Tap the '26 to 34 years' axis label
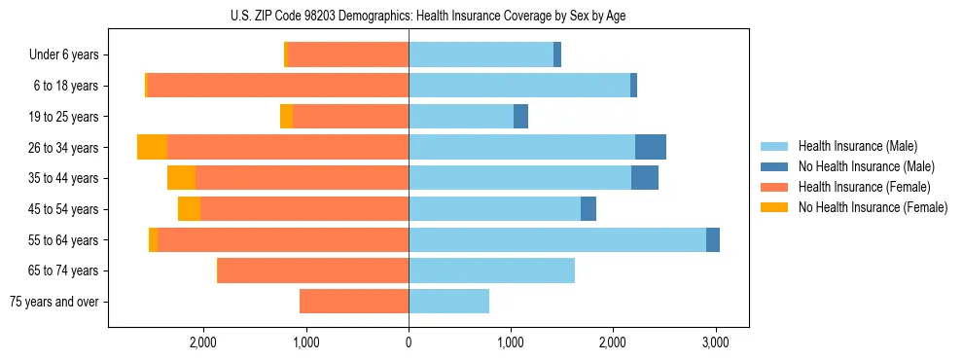[x=64, y=148]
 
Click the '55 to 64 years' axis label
[x=64, y=240]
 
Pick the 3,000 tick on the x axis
[x=715, y=342]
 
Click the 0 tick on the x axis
[x=409, y=342]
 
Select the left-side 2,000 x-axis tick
[x=203, y=342]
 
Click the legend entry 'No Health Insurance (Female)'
[x=873, y=207]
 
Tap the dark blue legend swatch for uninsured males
[x=774, y=166]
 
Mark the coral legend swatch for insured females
[x=774, y=187]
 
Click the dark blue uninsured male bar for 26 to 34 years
[x=651, y=147]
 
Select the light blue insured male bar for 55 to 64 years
[x=557, y=239]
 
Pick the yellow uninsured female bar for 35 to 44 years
[x=181, y=178]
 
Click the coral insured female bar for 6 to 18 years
[x=277, y=86]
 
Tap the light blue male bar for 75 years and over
[x=448, y=302]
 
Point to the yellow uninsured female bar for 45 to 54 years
[x=189, y=209]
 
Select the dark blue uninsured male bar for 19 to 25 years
[x=520, y=117]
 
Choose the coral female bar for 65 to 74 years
[x=313, y=270]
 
